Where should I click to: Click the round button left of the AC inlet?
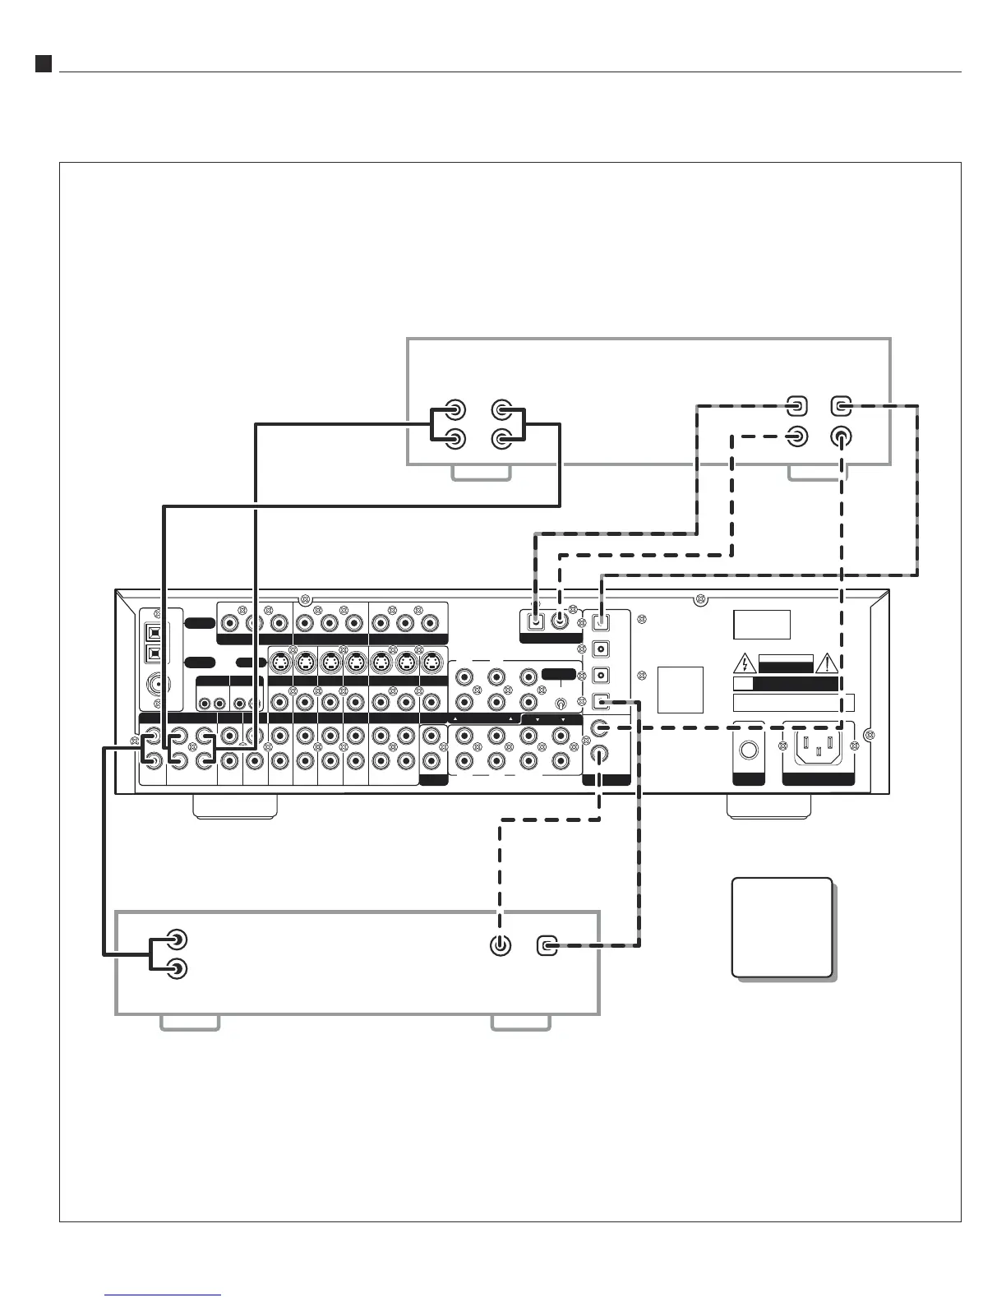click(x=748, y=750)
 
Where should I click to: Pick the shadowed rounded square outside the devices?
click(x=782, y=927)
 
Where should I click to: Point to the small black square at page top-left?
click(x=44, y=63)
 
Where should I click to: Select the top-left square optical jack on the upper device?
click(x=796, y=405)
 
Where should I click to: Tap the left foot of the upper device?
click(x=482, y=473)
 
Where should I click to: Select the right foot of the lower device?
click(x=520, y=1022)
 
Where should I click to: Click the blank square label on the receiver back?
click(x=681, y=690)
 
